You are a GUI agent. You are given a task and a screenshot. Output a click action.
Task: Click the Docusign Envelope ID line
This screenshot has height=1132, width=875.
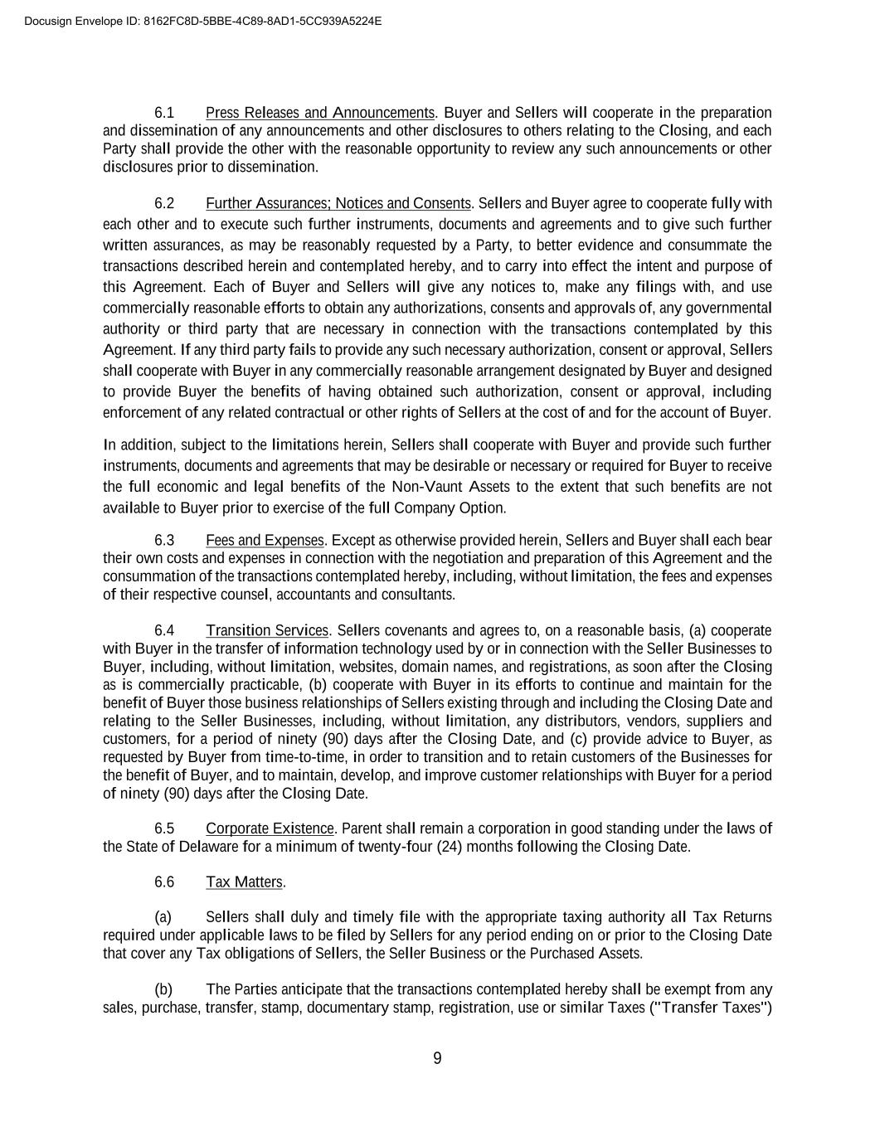point(203,22)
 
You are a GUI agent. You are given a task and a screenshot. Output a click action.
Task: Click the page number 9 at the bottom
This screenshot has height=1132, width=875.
point(437,1058)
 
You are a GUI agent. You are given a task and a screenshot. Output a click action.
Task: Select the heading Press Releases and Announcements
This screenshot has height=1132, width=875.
point(319,113)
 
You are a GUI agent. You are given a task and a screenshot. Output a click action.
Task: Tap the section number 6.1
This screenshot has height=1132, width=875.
point(164,113)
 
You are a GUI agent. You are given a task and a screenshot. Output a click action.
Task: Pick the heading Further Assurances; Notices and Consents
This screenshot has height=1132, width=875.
point(338,204)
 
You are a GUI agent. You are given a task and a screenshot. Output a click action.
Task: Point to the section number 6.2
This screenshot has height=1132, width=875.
point(164,204)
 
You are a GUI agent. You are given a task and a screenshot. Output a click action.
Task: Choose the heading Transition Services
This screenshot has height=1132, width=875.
point(267,631)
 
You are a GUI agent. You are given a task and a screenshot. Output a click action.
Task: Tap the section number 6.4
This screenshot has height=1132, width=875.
point(164,631)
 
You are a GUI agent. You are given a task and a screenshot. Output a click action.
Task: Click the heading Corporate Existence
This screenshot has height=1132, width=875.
point(270,829)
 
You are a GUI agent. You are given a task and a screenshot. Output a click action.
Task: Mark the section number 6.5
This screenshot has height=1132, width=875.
point(164,829)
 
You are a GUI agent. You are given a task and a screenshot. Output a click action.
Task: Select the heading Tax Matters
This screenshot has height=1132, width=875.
point(245,882)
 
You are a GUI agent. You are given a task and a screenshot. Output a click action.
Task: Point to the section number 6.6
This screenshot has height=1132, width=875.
point(164,882)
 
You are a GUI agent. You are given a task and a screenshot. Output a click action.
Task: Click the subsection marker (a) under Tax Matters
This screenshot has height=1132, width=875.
point(163,917)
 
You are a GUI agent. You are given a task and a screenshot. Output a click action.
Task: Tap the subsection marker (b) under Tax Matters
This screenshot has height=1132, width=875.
point(163,990)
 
